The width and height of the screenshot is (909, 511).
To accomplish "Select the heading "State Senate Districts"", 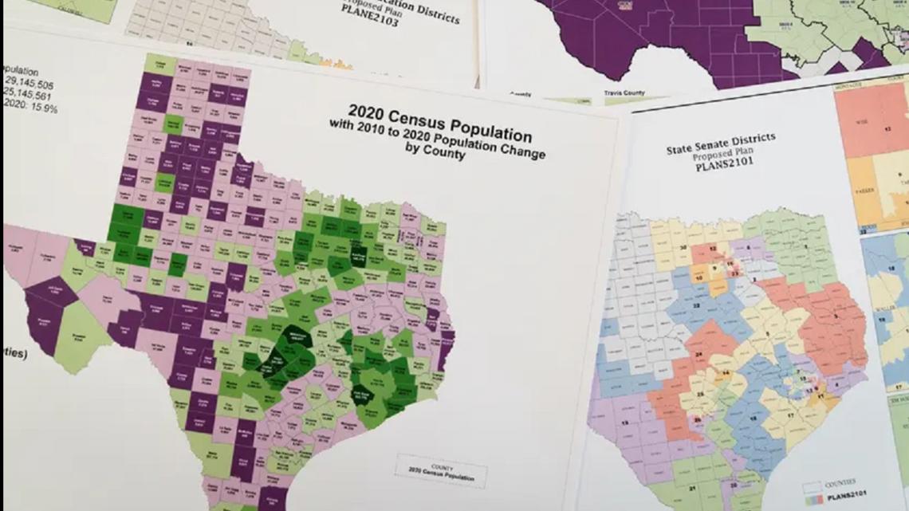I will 721,144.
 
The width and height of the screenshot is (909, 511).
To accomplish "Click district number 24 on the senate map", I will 698,356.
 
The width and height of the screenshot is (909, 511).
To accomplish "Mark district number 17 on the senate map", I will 789,416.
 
